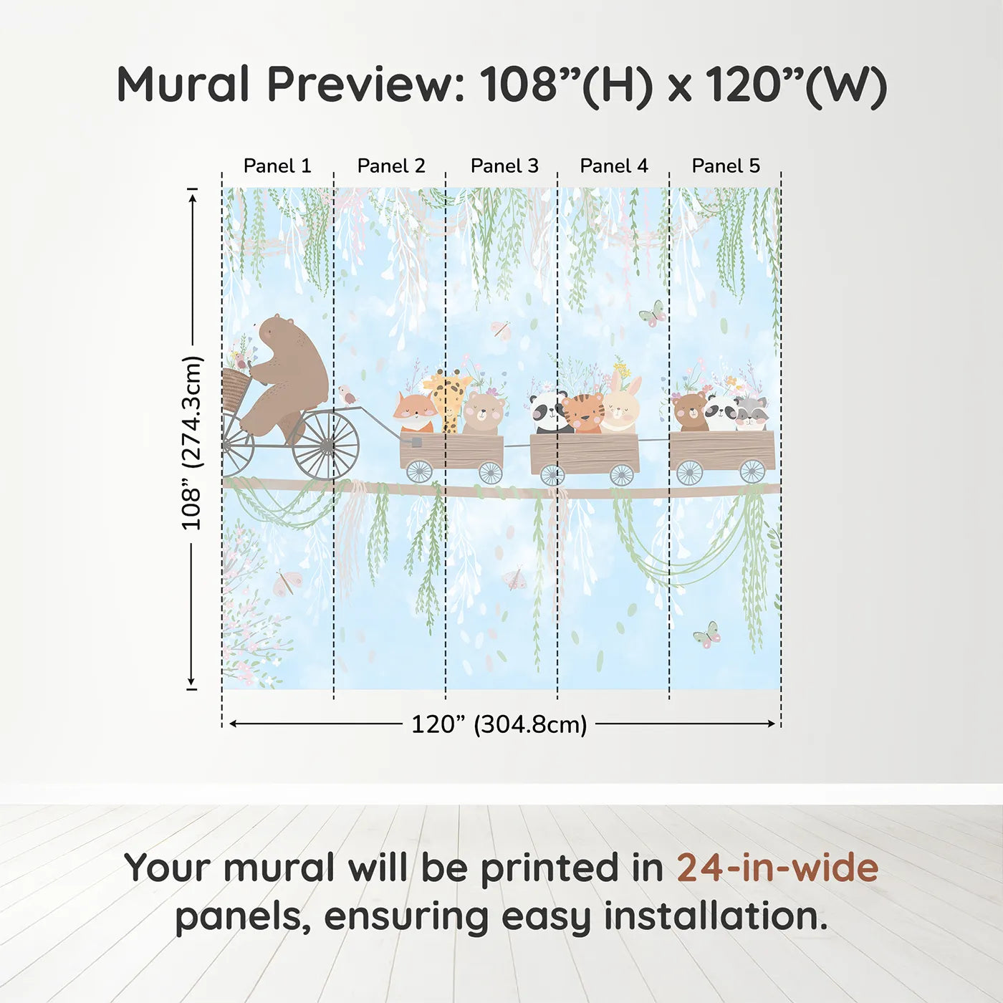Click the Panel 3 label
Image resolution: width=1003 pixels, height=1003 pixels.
(x=504, y=166)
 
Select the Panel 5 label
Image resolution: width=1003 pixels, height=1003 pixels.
(x=725, y=166)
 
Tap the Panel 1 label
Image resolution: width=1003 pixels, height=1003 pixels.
(x=277, y=166)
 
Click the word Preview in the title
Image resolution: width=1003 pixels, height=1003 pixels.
(x=366, y=85)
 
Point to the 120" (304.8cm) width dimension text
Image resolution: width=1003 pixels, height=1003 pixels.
(x=499, y=724)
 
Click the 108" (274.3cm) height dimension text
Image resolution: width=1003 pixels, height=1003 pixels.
(x=192, y=443)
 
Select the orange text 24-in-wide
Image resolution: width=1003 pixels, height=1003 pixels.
(x=777, y=868)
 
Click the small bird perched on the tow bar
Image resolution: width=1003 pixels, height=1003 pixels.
(x=347, y=395)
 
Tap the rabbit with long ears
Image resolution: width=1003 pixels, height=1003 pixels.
(x=621, y=407)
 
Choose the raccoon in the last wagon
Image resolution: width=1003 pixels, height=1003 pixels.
(x=751, y=413)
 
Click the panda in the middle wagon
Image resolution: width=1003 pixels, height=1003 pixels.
(x=548, y=412)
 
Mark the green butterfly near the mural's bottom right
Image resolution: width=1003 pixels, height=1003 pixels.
(x=706, y=635)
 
